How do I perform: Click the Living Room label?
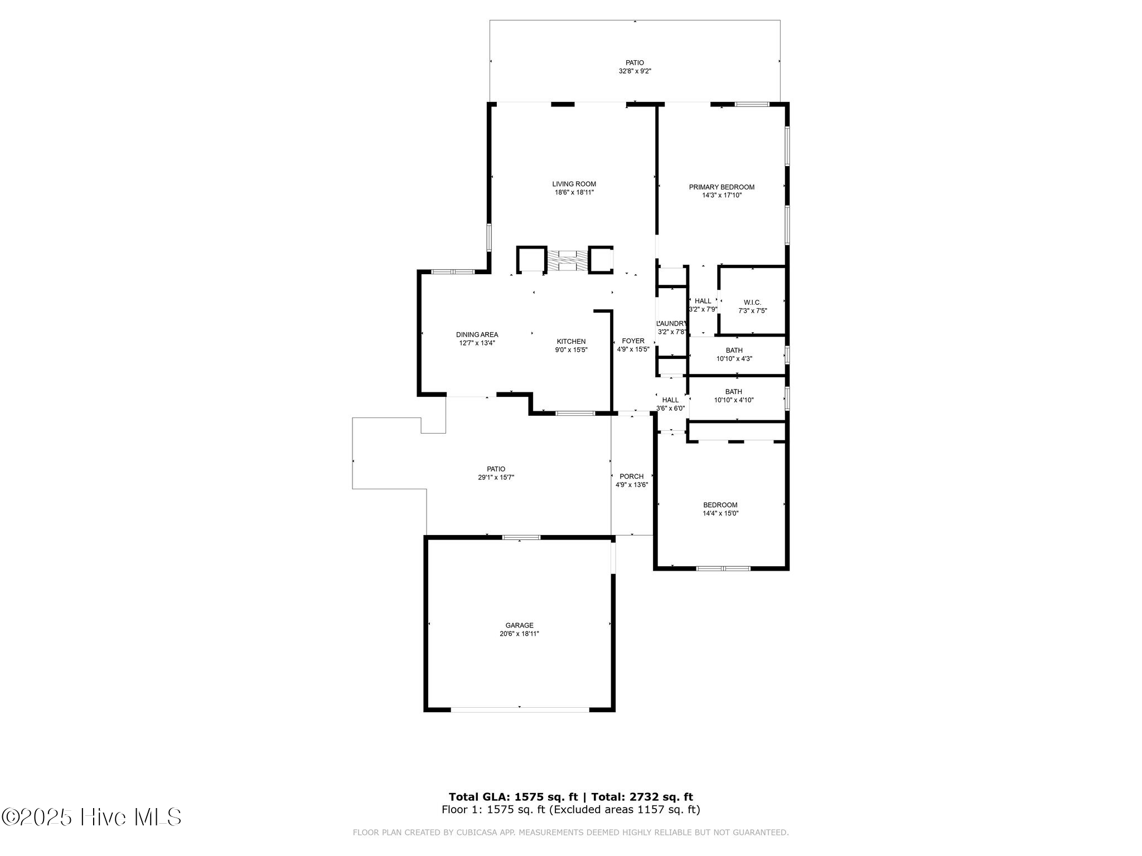(574, 184)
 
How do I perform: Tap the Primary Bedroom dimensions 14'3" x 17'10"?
(722, 196)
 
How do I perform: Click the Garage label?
(519, 625)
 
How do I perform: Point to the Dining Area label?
(477, 335)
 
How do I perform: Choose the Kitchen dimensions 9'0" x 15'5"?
(571, 350)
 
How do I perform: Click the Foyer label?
(633, 341)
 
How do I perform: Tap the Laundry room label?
(672, 324)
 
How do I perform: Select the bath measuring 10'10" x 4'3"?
(734, 354)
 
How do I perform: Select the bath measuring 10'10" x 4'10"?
(734, 396)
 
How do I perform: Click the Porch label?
(631, 476)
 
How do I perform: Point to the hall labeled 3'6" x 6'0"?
(670, 404)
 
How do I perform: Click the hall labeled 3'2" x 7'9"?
(703, 305)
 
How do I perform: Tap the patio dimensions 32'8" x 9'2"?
(635, 71)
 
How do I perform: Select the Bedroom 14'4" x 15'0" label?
(720, 509)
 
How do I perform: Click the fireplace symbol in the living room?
(567, 261)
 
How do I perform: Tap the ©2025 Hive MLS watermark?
(92, 818)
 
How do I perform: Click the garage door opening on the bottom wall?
(520, 709)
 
